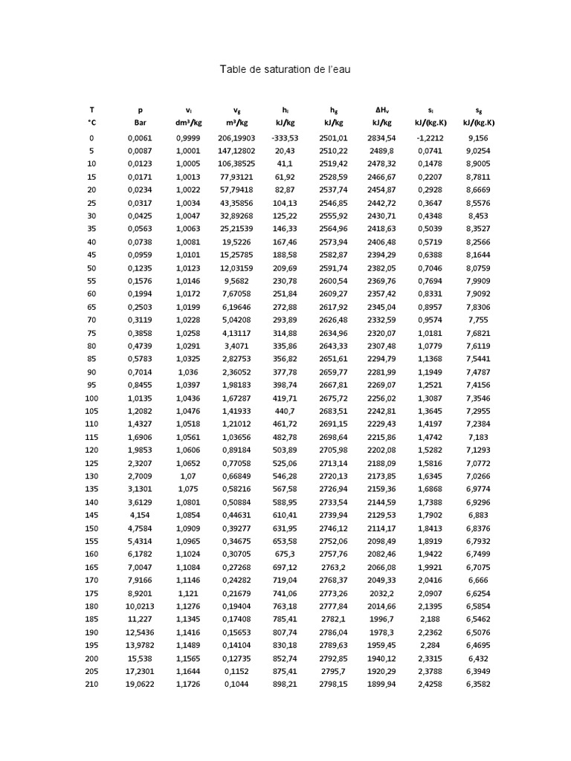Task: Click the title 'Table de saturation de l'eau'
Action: (284, 69)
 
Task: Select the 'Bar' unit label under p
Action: (139, 123)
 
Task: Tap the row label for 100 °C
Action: (91, 398)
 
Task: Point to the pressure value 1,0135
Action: (139, 398)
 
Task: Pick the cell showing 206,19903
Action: (236, 137)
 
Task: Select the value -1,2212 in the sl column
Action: (430, 137)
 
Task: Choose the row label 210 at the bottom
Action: (91, 684)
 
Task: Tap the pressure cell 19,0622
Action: (139, 684)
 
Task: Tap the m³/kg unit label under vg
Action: (236, 123)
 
